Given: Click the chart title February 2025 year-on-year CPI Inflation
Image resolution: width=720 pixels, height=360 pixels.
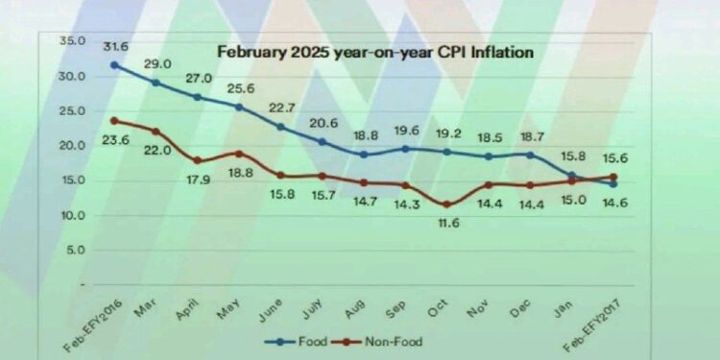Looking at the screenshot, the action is point(375,52).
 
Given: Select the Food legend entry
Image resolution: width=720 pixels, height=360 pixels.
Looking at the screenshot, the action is point(297,342).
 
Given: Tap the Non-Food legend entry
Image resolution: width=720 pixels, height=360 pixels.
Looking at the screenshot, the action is point(376,342).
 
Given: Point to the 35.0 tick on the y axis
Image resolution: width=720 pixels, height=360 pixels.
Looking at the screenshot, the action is point(73,41).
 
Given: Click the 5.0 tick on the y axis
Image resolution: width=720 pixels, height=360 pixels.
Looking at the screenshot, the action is point(76,251).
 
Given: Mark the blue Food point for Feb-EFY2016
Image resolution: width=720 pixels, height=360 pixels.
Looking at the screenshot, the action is point(115,65).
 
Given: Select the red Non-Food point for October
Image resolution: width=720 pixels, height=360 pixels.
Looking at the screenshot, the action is point(445,204).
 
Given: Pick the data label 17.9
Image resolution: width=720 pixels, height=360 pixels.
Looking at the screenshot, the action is point(199,180).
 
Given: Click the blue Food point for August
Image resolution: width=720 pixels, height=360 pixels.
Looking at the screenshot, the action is point(364,155).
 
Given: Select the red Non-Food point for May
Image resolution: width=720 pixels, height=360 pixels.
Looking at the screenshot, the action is point(239,154).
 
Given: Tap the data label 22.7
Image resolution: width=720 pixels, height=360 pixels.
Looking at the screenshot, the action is point(281,108).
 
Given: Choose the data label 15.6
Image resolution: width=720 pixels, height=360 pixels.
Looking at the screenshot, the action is point(614,158).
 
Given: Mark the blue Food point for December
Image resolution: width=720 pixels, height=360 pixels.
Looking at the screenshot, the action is point(530,156).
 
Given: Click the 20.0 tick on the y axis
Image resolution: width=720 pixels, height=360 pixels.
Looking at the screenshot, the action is point(73,146).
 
